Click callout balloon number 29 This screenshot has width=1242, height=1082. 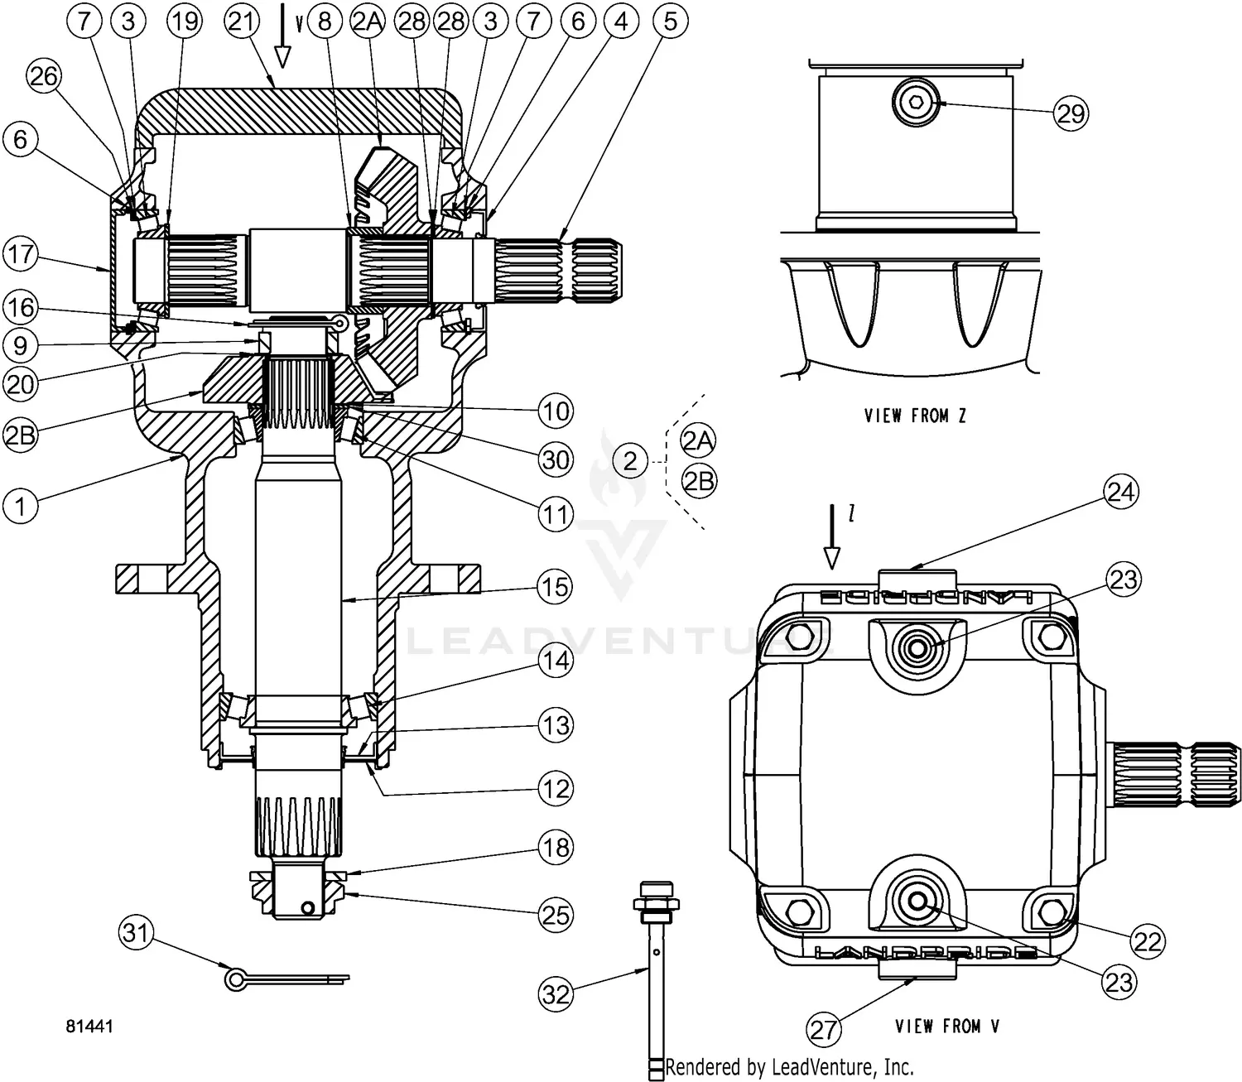coord(1071,113)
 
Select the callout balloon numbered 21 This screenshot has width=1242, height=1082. coord(241,22)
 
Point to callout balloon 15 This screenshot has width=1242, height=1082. coord(555,587)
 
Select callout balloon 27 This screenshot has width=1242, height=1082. coord(824,1030)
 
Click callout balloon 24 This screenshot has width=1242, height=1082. coord(1121,493)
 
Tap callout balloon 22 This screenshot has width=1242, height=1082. coord(1148,940)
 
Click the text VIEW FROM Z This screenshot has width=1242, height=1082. coord(915,416)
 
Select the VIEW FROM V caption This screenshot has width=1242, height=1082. coord(947,1027)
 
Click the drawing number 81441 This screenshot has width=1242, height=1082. coord(89,1027)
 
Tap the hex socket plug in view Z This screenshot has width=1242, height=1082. coord(915,103)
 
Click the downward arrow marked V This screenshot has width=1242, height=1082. coord(283,37)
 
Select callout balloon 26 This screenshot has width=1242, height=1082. coord(44,77)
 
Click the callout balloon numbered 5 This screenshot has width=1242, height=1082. coord(670,22)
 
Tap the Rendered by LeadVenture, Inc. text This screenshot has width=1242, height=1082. coord(789,1067)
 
